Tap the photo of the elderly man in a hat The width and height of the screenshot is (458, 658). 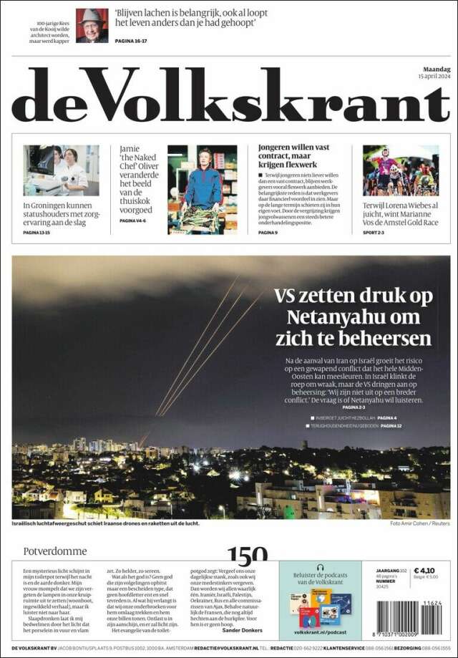[x=92, y=25]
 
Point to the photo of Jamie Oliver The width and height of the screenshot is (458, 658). [x=202, y=189]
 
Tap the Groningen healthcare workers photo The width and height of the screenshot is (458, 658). [x=61, y=170]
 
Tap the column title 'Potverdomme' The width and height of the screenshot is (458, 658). [x=55, y=551]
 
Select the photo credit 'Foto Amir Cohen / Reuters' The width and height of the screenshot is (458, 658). [x=420, y=523]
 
